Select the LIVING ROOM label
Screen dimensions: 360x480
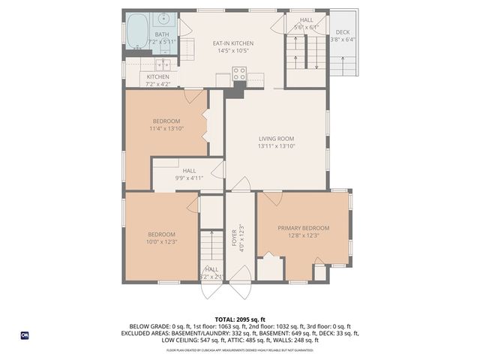(276, 139)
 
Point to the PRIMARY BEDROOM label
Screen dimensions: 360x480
(303, 228)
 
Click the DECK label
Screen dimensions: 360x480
(342, 32)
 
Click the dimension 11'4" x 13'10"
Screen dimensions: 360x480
(166, 129)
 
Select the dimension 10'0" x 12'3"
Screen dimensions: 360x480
(160, 241)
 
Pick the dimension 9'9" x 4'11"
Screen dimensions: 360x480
(189, 178)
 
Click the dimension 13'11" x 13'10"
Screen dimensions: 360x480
(276, 146)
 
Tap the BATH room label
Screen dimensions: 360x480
(162, 34)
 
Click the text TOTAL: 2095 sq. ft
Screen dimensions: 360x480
(240, 319)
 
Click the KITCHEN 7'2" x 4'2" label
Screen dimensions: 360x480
(158, 80)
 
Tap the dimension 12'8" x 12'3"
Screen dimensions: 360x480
(303, 235)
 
